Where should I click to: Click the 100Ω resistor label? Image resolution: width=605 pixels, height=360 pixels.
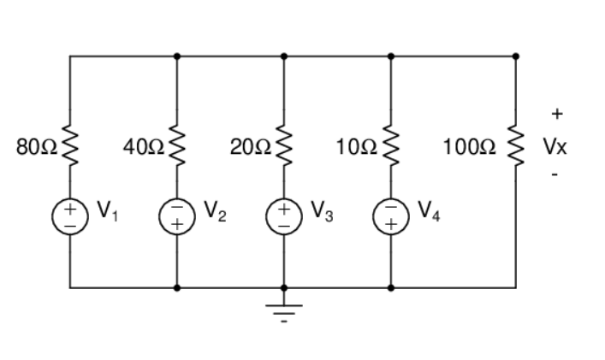(x=469, y=146)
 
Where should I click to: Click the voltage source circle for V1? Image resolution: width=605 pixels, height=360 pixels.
(x=70, y=216)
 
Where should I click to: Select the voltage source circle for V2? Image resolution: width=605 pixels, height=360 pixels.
(x=177, y=216)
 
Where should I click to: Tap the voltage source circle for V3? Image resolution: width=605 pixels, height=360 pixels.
(x=284, y=216)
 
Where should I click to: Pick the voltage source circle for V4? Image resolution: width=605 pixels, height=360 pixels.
(x=391, y=216)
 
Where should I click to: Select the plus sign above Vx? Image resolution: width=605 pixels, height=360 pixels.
(x=557, y=113)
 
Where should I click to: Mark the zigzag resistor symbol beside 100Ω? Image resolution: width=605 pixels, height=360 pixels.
(x=515, y=146)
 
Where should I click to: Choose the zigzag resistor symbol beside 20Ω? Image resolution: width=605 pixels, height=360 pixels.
(x=284, y=146)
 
